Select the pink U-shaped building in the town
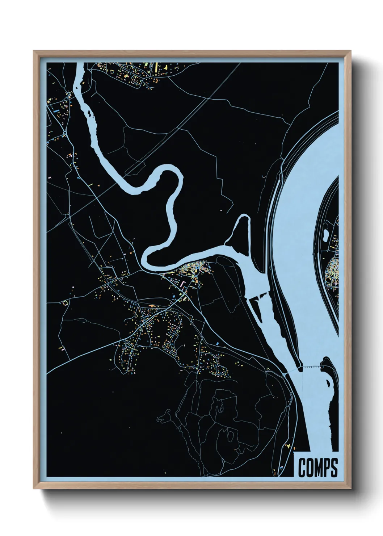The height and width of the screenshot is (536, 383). [183, 283]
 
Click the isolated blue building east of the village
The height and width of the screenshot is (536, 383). [218, 342]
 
